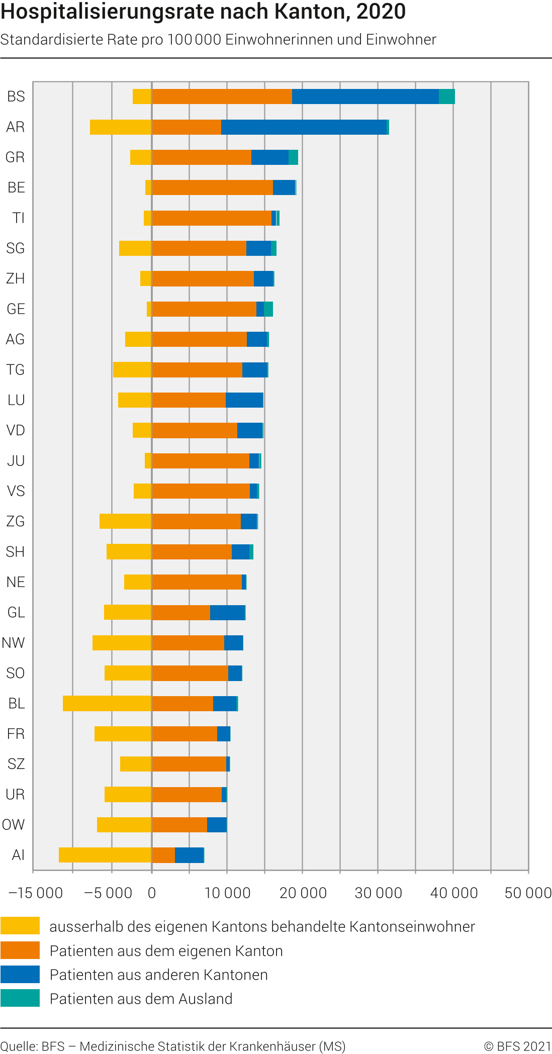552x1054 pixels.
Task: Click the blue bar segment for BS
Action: coord(365,97)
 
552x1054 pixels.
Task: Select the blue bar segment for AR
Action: coord(304,127)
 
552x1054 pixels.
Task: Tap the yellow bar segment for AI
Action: coord(105,855)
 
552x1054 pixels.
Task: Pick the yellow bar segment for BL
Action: coord(107,703)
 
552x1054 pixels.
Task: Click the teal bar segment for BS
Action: coord(447,97)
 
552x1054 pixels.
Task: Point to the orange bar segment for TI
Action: coord(212,218)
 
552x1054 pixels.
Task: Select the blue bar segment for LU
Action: coord(244,400)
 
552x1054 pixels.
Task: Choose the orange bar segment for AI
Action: coord(163,855)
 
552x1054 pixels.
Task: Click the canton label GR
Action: coord(15,157)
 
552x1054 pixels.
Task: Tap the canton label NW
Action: coord(14,643)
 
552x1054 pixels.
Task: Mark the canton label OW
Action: coord(14,825)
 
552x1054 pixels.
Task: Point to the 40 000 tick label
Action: coord(454,893)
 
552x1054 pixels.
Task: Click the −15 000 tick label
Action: coord(36,893)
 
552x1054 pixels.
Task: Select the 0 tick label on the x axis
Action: coord(152,893)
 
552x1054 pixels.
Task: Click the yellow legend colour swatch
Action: coord(20,925)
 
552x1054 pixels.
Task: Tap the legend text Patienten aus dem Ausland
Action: coord(141,999)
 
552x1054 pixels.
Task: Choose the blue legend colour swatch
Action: coord(20,974)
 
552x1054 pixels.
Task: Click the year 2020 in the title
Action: coord(381,11)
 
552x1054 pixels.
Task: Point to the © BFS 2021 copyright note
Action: coord(517,1046)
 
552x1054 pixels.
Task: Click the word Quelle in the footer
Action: coord(18,1046)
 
